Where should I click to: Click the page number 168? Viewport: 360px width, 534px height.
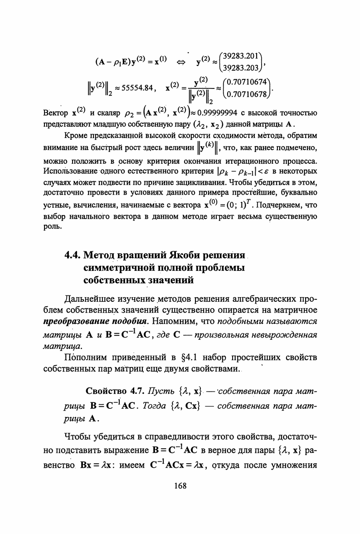(x=180, y=486)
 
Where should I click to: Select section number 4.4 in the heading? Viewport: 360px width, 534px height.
(x=73, y=255)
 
